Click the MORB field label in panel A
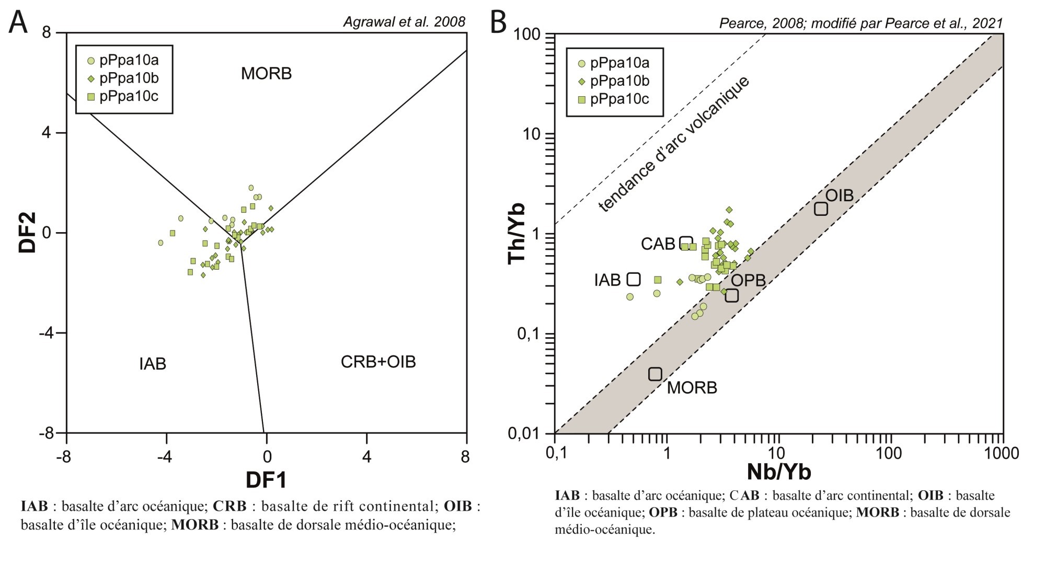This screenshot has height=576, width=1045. click(x=266, y=74)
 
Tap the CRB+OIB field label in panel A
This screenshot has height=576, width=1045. click(x=378, y=362)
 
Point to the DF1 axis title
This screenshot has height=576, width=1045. click(x=267, y=479)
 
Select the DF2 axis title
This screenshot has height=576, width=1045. click(x=28, y=233)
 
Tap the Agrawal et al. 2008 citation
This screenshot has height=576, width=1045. click(x=404, y=22)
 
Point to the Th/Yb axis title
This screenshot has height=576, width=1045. click(x=518, y=234)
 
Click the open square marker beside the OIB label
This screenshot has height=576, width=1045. click(x=821, y=209)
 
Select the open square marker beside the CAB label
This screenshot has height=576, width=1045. click(x=686, y=243)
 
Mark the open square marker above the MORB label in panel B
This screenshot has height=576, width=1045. click(x=655, y=374)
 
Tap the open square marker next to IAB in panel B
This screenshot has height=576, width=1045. click(x=634, y=279)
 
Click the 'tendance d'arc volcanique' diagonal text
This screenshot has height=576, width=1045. click(x=674, y=144)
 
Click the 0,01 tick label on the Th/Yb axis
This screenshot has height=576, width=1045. click(x=524, y=433)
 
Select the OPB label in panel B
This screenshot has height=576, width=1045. click(x=748, y=280)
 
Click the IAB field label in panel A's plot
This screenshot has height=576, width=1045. click(x=153, y=364)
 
